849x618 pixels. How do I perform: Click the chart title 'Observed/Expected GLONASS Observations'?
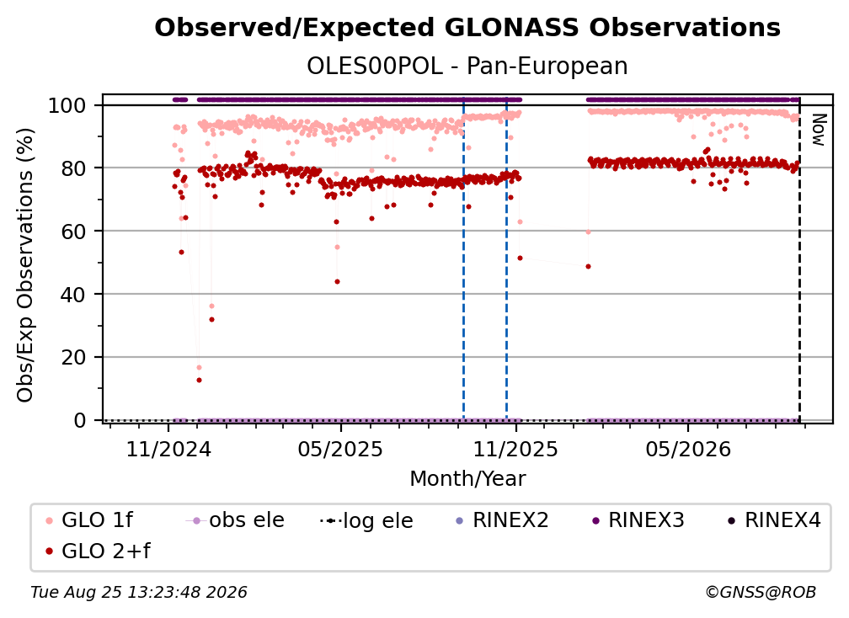tap(467, 28)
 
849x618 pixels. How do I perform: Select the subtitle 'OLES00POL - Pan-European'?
tap(467, 66)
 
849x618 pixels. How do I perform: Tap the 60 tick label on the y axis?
tap(73, 232)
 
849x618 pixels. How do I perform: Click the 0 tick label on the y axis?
tap(80, 420)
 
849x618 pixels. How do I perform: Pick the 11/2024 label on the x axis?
tap(168, 450)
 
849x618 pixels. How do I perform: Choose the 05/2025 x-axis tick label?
tap(340, 450)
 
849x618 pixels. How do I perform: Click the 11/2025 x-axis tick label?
tap(515, 450)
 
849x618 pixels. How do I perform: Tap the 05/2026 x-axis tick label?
tap(687, 450)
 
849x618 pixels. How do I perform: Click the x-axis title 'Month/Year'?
tap(467, 479)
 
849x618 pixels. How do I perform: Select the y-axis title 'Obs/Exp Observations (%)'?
tap(25, 265)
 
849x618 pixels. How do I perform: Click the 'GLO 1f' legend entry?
tap(89, 520)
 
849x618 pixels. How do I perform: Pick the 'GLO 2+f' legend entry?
tap(98, 551)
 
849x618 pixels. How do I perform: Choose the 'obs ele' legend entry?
tap(235, 520)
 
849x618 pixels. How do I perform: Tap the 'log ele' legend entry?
tap(366, 521)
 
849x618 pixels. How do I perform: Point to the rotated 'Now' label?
tap(818, 130)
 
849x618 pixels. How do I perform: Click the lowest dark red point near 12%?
tap(200, 381)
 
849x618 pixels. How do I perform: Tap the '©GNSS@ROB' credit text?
tap(761, 593)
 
